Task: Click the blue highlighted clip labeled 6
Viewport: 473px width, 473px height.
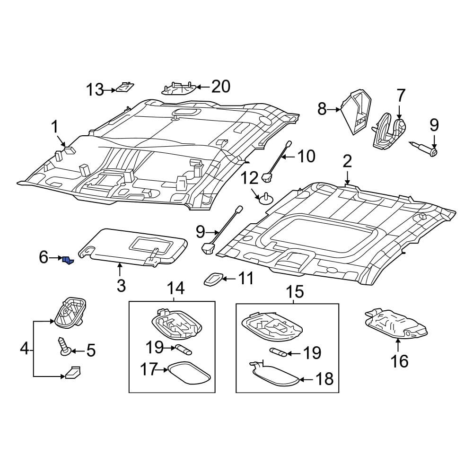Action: [x=68, y=260]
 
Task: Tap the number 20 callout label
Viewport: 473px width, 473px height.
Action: [x=220, y=87]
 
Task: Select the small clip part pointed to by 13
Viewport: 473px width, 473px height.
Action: [x=125, y=87]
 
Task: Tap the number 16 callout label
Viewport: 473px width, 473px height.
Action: [x=399, y=361]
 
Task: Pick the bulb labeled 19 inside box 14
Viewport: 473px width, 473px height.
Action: [x=183, y=350]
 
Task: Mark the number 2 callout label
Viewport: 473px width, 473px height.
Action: [x=347, y=162]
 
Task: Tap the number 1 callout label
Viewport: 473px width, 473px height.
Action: [x=55, y=127]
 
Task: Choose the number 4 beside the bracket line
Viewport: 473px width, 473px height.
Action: [x=24, y=350]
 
